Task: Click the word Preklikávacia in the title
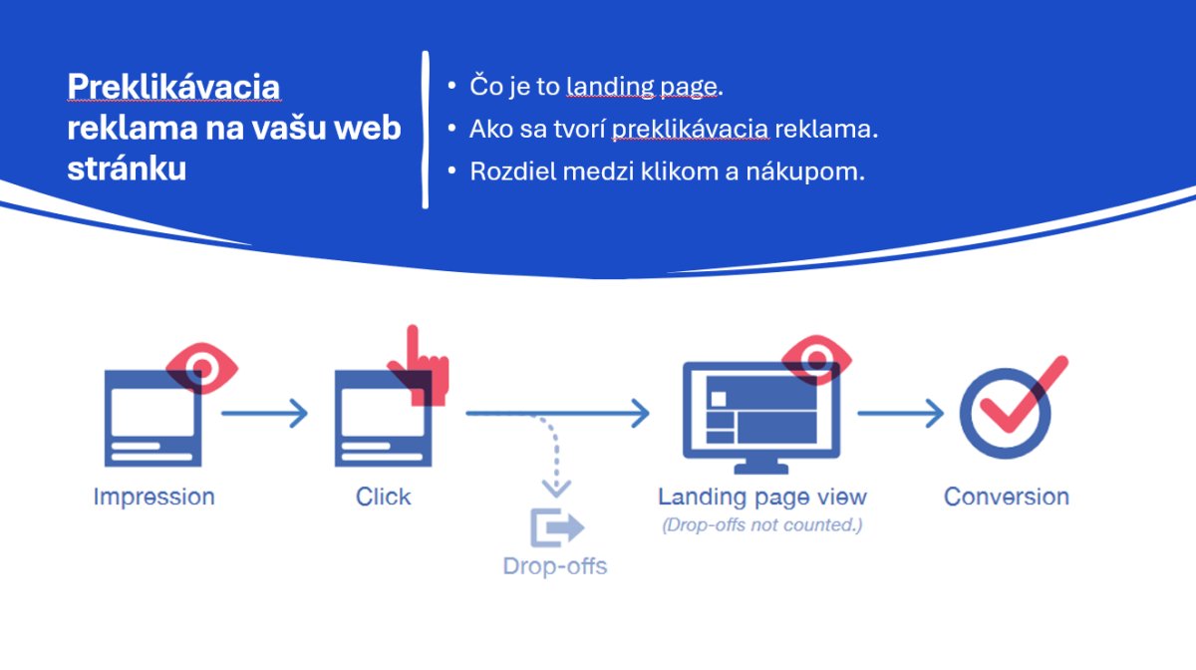tap(173, 87)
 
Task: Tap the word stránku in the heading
tap(127, 168)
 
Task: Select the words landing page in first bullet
tap(642, 87)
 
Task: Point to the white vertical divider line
tap(425, 130)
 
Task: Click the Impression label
tap(154, 497)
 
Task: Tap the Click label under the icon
tap(384, 497)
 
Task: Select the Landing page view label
tap(761, 498)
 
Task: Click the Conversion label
tap(1007, 497)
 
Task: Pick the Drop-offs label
tap(555, 566)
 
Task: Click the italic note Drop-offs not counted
tap(761, 525)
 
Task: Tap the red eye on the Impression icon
tap(202, 368)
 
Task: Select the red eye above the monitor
tap(816, 360)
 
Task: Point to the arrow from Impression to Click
tap(265, 413)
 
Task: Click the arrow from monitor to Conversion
tap(901, 413)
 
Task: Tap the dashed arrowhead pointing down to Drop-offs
tap(556, 488)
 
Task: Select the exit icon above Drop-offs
tap(557, 527)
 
